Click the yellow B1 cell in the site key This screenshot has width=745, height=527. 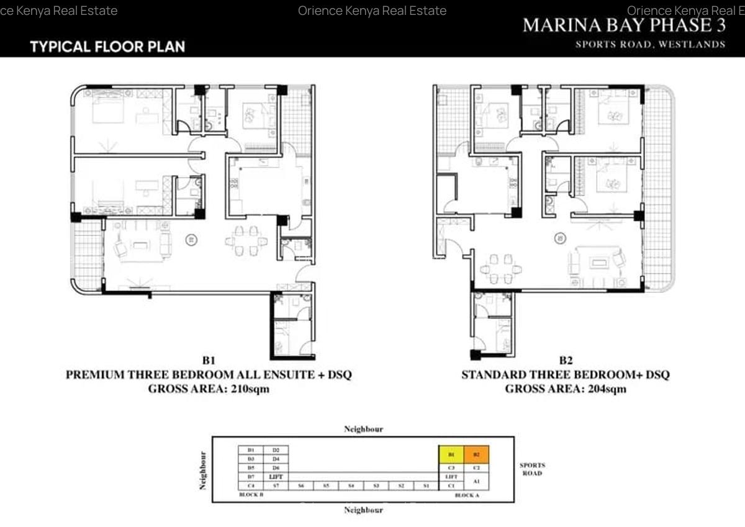pos(451,454)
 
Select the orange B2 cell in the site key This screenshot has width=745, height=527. pos(476,454)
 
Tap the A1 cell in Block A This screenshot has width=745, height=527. pos(476,480)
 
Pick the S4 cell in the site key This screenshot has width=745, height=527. pos(351,486)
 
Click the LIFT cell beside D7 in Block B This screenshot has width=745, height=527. pos(276,476)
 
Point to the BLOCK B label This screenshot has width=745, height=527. pos(251,495)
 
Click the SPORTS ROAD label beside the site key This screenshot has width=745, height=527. pos(532,469)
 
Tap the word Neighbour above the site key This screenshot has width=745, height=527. pos(363,429)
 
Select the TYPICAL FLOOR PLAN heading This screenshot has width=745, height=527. pos(107,47)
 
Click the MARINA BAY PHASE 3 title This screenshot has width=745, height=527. pos(624,25)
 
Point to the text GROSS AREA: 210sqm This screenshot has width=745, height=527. pos(209,389)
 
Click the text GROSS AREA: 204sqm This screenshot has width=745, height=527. pos(566,389)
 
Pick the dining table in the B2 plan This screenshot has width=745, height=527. pos(503,269)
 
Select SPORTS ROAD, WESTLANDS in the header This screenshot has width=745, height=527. pos(650,44)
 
